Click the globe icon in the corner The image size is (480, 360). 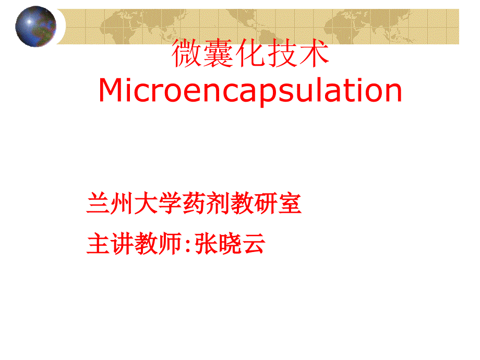coord(35,26)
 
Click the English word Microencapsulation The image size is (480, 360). coord(250,91)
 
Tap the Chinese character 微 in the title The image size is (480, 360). coord(186,53)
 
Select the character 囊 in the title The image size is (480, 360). coord(218,53)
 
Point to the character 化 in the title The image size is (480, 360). coord(250,53)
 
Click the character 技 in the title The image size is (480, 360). coord(282,53)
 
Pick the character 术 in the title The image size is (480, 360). coord(314,53)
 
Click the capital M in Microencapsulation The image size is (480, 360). coord(111,90)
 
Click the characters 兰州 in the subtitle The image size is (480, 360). coord(110,203)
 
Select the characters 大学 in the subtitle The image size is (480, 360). coord(158,203)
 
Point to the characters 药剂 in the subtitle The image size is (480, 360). coord(206,203)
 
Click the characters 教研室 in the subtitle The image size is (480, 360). coord(266,203)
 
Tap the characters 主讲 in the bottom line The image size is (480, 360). coord(110,243)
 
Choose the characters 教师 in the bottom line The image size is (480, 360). coord(158,243)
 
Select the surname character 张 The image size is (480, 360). coord(206,243)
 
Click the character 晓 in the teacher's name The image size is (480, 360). coord(230,243)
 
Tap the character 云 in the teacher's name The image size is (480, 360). coord(254,243)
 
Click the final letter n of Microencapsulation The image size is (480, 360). coord(393,92)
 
